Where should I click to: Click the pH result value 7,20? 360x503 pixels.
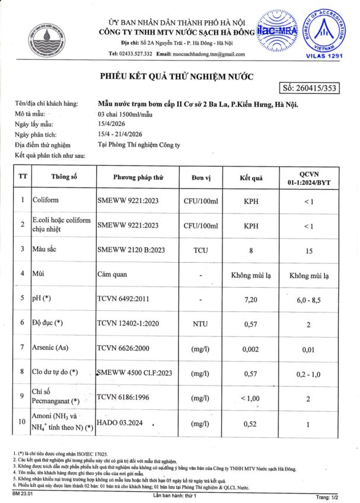pyautogui.click(x=251, y=300)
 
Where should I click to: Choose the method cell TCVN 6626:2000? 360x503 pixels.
pyautogui.click(x=123, y=347)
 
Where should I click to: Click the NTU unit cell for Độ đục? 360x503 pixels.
pyautogui.click(x=200, y=324)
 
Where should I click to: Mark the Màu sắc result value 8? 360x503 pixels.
pyautogui.click(x=251, y=250)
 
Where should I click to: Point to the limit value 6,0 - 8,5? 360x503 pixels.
pyautogui.click(x=309, y=300)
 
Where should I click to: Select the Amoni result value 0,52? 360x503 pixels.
pyautogui.click(x=251, y=423)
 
